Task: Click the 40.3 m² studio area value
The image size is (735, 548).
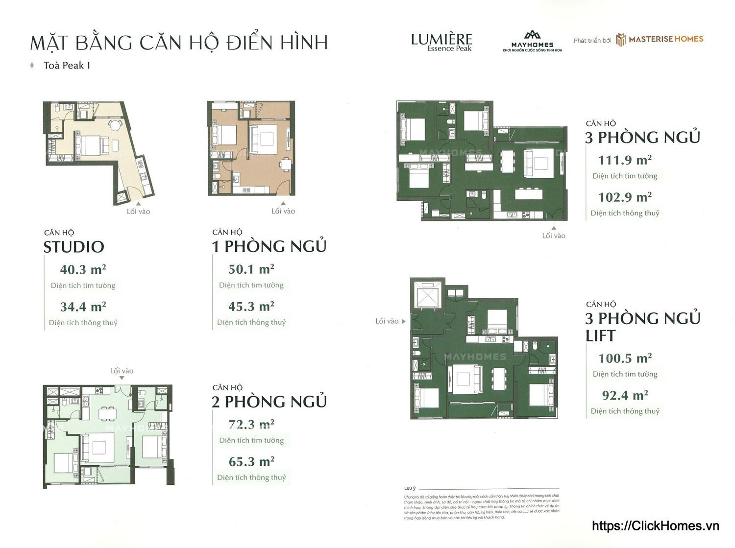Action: tap(83, 270)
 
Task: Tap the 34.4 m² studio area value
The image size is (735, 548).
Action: tap(83, 307)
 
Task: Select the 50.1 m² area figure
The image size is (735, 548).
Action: tap(251, 269)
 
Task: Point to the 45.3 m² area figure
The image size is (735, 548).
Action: tap(251, 307)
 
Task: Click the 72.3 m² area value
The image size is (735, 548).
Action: tap(251, 425)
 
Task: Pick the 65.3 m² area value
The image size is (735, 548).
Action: tap(251, 462)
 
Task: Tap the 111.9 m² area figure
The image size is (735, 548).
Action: tap(625, 160)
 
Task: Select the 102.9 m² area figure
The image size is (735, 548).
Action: tap(625, 197)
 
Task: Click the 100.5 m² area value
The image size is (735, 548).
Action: tap(625, 358)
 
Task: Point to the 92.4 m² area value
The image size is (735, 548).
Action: tap(625, 395)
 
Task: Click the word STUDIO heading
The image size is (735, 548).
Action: tap(74, 247)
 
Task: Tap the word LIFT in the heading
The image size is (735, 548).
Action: tap(601, 336)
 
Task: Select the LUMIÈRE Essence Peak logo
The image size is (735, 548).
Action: tap(441, 42)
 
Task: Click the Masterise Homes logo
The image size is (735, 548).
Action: tap(660, 40)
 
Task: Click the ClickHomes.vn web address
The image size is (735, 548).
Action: tap(655, 526)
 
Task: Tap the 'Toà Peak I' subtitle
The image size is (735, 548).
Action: tap(67, 66)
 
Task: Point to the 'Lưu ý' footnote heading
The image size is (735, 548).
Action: tap(410, 488)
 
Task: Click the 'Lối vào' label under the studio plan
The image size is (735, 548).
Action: tap(138, 212)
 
